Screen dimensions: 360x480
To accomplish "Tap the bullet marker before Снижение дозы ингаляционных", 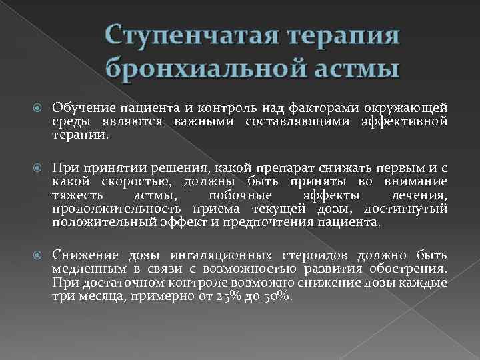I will (x=37, y=256).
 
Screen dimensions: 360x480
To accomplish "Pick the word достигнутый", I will (x=409, y=209).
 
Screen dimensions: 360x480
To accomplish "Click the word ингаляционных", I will (x=219, y=255).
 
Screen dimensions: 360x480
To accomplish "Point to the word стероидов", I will (x=317, y=255).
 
